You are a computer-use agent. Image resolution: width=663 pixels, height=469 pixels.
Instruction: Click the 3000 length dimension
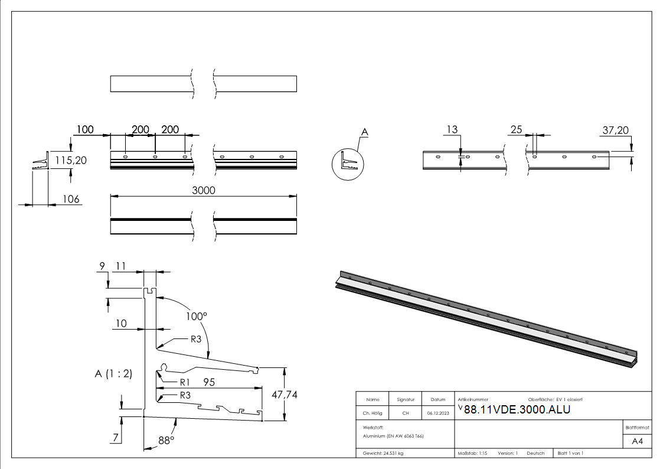(x=203, y=190)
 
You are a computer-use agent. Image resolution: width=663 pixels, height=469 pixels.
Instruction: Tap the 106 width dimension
(x=71, y=199)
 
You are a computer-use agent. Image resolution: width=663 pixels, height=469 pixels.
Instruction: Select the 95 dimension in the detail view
(x=210, y=382)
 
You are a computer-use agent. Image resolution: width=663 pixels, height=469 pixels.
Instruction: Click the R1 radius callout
(x=184, y=382)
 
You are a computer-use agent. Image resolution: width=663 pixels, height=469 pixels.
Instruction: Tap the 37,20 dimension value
(x=616, y=130)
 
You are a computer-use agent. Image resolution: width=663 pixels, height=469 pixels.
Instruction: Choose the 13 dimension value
(x=452, y=130)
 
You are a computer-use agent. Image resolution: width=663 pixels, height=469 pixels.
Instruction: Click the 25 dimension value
(x=517, y=130)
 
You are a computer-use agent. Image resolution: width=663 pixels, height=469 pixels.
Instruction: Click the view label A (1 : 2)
(x=113, y=373)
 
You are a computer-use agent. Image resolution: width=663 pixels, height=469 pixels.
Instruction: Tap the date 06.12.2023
(x=437, y=413)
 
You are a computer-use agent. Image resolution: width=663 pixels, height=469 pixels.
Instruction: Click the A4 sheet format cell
(x=637, y=441)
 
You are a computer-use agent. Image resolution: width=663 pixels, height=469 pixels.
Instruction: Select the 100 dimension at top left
(x=85, y=129)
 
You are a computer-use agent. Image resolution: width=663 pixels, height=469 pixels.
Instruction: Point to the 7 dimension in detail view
(x=116, y=438)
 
